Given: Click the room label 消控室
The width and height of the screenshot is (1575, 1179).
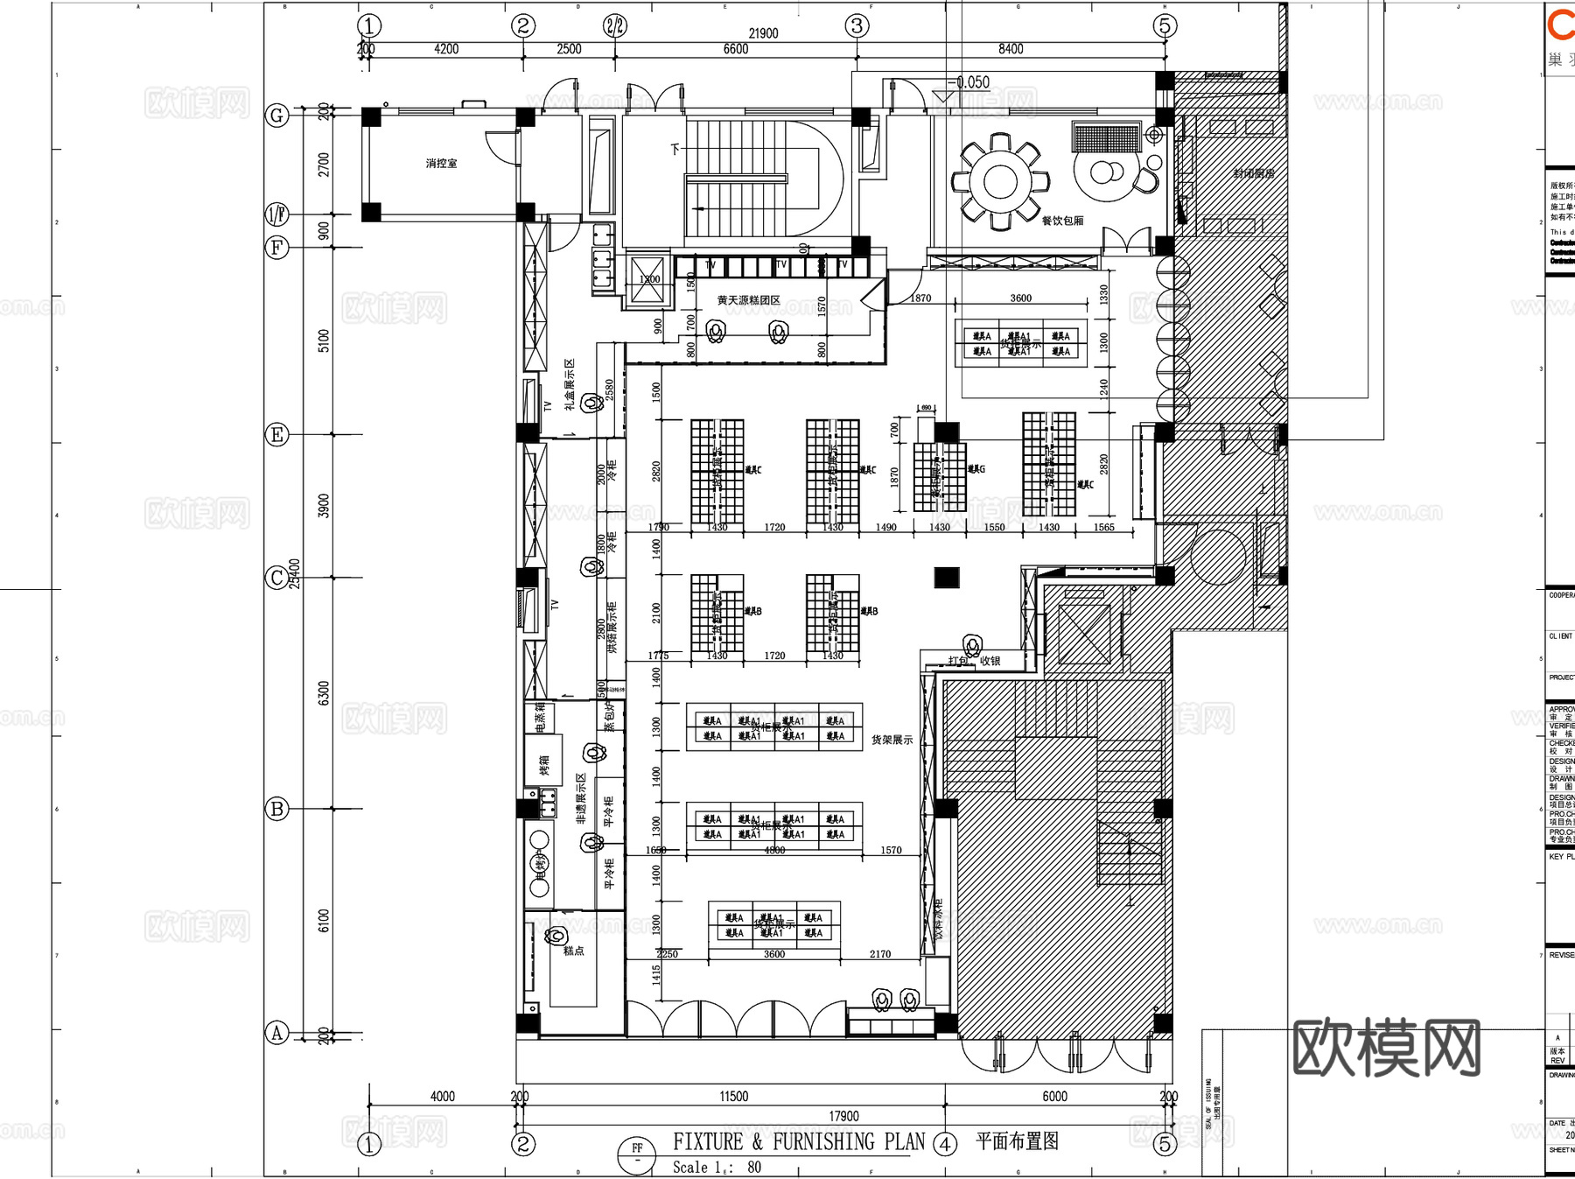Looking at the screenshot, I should [441, 164].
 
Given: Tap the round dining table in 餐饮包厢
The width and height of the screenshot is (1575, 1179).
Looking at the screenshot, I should [1000, 182].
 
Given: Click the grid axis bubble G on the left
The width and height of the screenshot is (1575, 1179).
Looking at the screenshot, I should [276, 116].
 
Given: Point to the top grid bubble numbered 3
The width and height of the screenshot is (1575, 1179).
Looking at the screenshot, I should [857, 25].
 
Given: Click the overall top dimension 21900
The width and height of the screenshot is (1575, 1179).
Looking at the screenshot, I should [763, 33].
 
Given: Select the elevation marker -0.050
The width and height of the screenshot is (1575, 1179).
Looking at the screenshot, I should [971, 83].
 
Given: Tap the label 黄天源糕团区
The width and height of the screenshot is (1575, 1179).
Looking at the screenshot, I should [748, 300].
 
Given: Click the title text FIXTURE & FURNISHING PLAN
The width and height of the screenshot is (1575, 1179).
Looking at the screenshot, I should [798, 1141].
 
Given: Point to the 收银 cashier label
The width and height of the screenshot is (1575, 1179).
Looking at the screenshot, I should [990, 661].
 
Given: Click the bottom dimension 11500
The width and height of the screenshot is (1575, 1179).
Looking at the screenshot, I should [733, 1096].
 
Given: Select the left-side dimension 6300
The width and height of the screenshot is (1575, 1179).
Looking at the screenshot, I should [324, 693].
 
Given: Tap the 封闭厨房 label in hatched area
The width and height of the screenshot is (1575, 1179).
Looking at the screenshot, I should [1253, 173].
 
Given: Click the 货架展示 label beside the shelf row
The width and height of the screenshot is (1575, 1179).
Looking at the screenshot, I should [892, 740].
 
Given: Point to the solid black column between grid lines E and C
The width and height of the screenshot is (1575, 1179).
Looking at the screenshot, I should [946, 577].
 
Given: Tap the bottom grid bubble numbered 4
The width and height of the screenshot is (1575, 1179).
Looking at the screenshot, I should [945, 1144].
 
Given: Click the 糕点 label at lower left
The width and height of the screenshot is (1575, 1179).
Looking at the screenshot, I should [573, 951].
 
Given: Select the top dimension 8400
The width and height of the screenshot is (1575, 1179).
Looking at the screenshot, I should [1010, 49].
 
